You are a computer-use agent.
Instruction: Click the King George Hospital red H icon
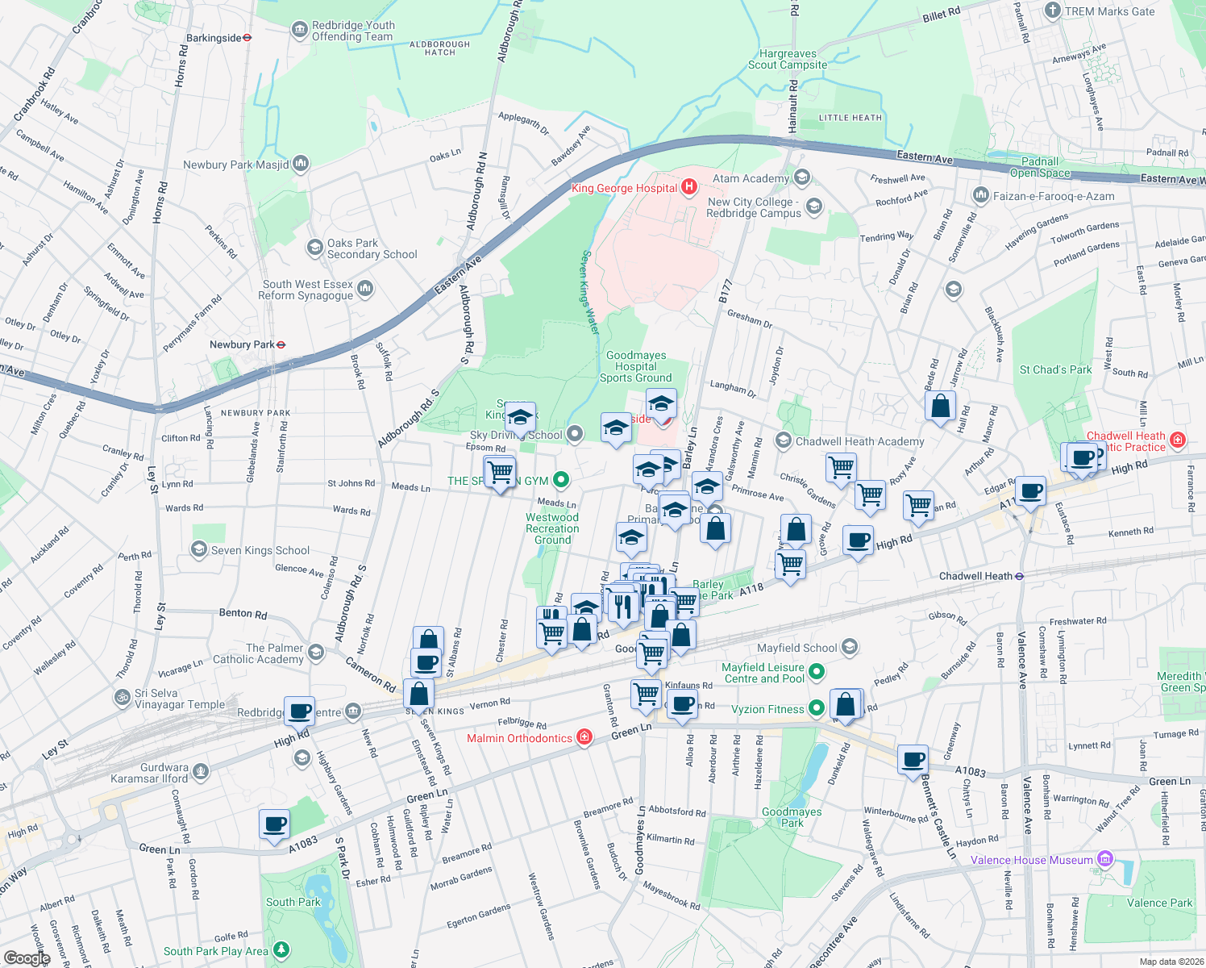[x=688, y=188]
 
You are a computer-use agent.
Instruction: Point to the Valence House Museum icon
[x=1105, y=860]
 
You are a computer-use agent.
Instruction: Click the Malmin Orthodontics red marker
[x=585, y=738]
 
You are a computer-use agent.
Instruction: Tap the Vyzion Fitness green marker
[x=816, y=709]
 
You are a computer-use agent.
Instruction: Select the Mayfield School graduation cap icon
[x=849, y=647]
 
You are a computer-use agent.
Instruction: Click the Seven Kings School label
[x=260, y=550]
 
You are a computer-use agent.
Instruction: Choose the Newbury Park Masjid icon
[x=301, y=165]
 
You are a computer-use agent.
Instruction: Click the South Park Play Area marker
[x=281, y=950]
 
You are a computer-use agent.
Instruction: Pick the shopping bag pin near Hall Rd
[x=940, y=406]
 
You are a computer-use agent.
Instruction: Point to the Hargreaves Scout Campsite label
[x=787, y=59]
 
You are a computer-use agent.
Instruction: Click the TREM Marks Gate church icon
[x=1052, y=10]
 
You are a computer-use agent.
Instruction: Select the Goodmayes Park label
[x=791, y=817]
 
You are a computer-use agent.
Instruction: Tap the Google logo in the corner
[x=27, y=958]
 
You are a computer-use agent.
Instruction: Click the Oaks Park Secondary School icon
[x=315, y=248]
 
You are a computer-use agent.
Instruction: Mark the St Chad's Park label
[x=1054, y=369]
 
